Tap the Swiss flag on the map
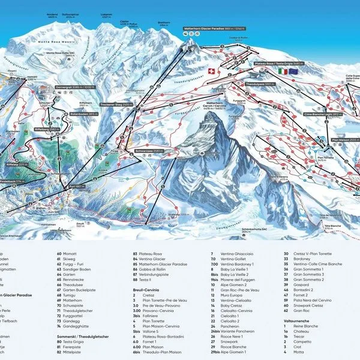click(x=210, y=71)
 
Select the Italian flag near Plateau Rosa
click(x=281, y=71)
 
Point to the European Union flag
click(x=293, y=71)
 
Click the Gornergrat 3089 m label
click(x=68, y=87)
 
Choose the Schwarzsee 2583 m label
click(x=149, y=151)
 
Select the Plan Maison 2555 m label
click(x=345, y=139)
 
